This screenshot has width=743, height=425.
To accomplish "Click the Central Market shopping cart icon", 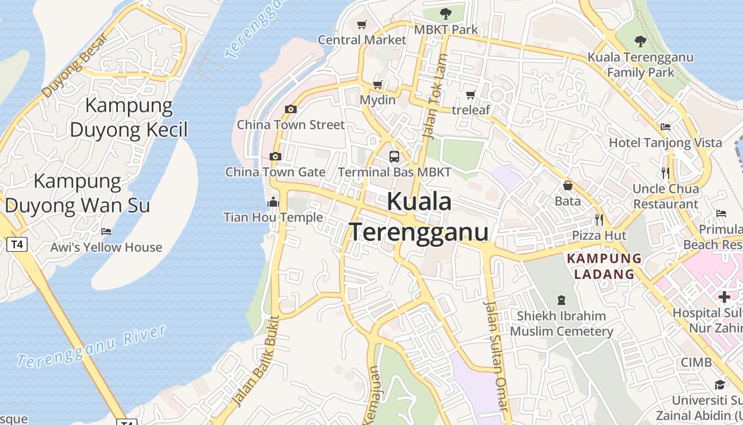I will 362,24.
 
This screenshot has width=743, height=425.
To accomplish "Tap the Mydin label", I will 378,100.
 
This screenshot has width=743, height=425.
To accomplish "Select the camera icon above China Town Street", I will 290,109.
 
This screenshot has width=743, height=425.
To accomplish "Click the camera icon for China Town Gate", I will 275,156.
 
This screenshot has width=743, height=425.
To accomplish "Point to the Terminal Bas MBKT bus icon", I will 394,156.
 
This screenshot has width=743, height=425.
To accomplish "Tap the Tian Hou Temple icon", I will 273,202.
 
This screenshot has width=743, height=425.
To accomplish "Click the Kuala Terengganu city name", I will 419,217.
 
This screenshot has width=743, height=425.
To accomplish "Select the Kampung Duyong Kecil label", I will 129,117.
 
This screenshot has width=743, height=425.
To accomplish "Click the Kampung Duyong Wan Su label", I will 77,193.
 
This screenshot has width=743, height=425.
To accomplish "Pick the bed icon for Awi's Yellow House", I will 106,232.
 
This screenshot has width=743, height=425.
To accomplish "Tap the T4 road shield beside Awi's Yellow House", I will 17,244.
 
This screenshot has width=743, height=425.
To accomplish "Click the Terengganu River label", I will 92,346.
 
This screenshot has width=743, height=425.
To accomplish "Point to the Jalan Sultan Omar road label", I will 497,356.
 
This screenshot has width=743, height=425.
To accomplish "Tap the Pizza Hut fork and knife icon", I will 599,219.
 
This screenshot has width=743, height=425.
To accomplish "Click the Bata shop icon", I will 568,185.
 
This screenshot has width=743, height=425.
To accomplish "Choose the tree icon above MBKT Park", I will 446,13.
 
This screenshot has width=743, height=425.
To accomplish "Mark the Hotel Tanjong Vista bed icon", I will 666,127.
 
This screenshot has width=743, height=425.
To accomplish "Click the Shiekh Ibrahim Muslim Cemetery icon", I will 561,300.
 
